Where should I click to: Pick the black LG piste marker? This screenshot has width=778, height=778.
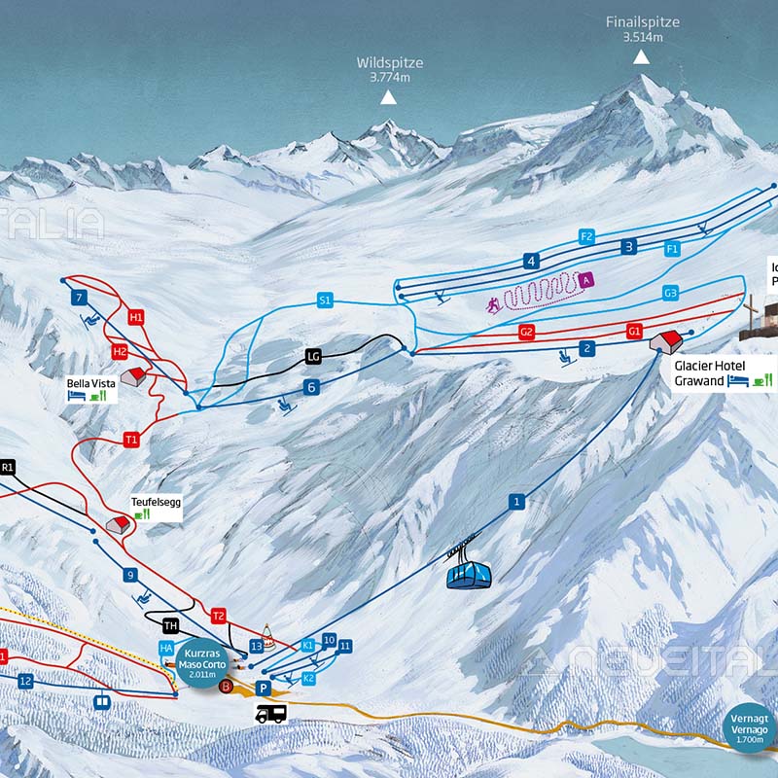(x=313, y=356)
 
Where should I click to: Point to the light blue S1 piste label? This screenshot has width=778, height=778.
(x=325, y=301)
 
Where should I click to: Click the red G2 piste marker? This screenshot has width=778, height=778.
(x=527, y=333)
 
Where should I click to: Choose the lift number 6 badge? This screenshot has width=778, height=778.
(x=312, y=387)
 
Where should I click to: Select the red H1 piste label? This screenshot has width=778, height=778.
(x=136, y=317)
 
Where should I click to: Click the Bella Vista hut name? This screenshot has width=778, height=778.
(x=91, y=383)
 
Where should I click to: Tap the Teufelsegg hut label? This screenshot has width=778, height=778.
(x=156, y=503)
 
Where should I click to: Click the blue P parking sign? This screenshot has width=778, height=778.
(x=262, y=688)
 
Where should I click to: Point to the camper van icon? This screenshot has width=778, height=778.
(x=270, y=714)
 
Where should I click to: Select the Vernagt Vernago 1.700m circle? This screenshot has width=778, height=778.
(x=750, y=727)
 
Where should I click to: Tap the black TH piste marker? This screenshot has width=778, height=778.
(x=171, y=625)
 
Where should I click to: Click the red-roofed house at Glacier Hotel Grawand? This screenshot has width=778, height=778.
(x=668, y=340)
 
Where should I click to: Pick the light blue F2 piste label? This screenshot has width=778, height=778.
(x=586, y=236)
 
